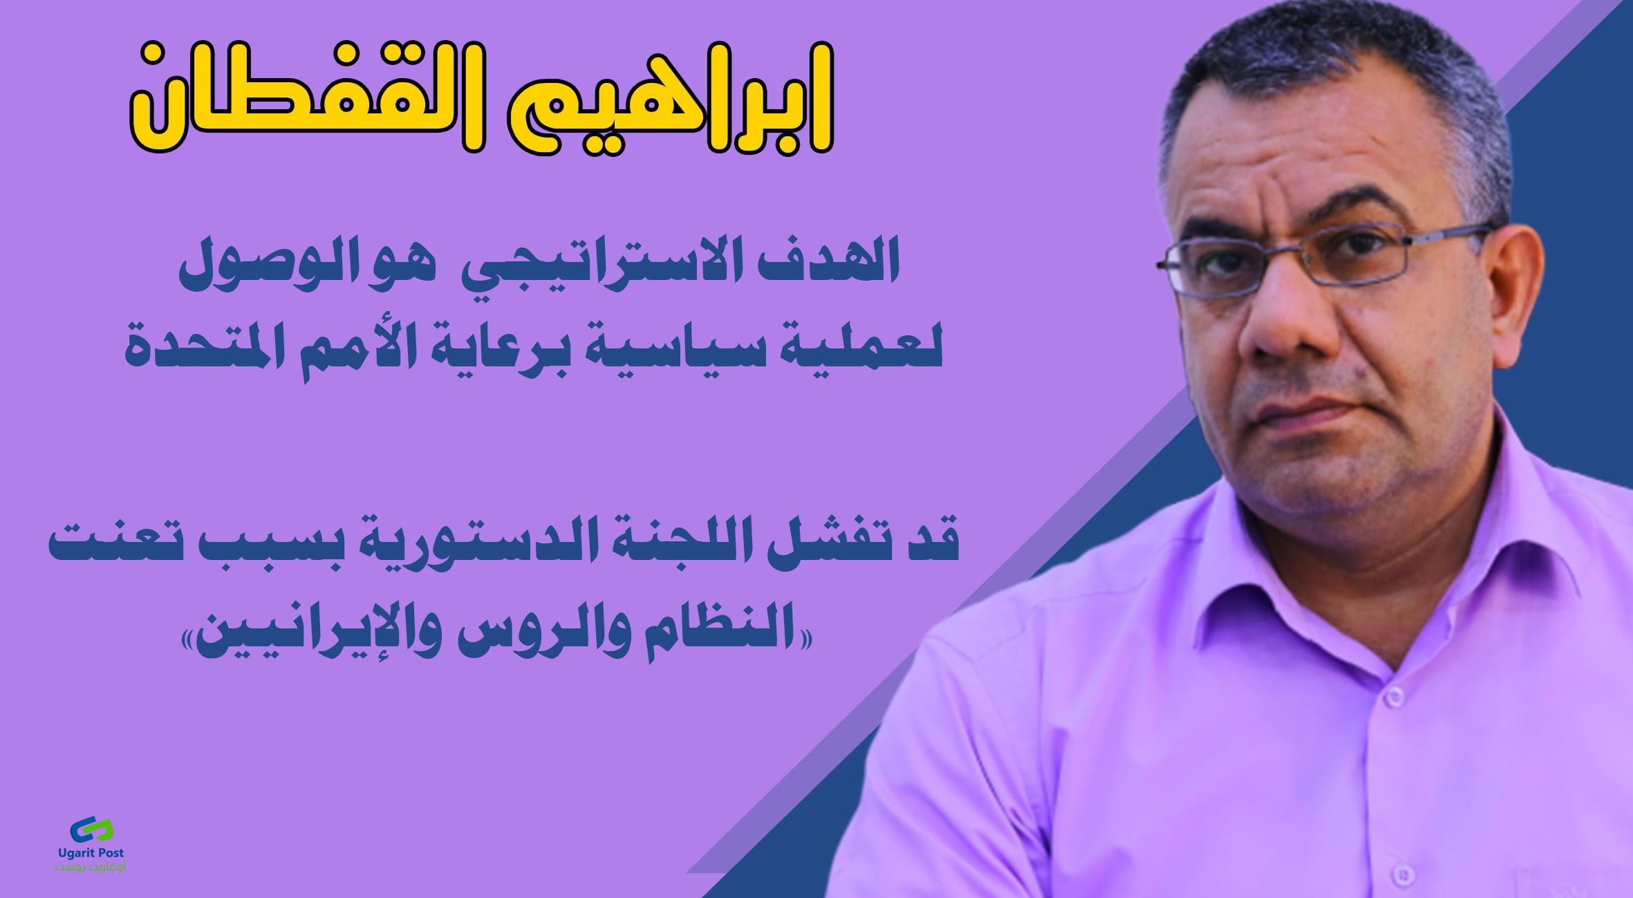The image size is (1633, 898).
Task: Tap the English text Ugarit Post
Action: (91, 854)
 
